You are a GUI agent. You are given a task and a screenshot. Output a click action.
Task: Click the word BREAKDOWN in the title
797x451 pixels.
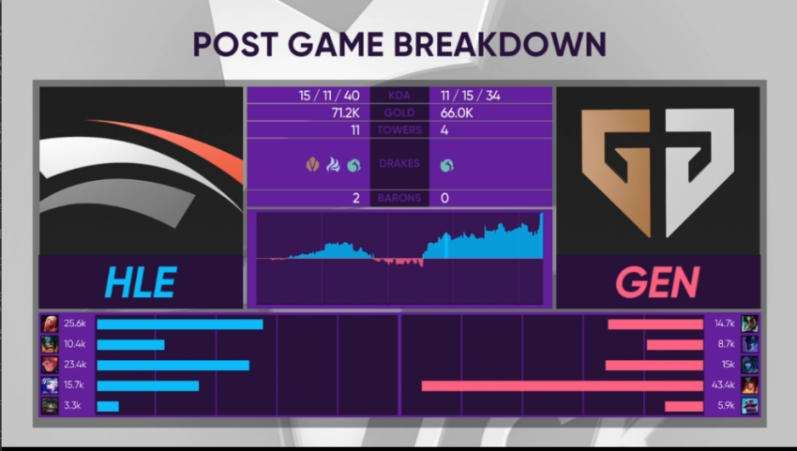click(x=500, y=44)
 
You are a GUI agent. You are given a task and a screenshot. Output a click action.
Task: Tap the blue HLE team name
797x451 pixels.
click(x=141, y=282)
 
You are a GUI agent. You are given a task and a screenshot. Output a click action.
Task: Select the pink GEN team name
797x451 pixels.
click(x=657, y=282)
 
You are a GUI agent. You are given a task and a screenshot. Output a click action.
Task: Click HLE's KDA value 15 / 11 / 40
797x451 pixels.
click(x=329, y=96)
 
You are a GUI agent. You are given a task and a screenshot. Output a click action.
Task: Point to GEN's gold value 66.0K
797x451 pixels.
click(x=457, y=113)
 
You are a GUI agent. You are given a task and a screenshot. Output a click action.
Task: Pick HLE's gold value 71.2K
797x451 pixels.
click(x=345, y=113)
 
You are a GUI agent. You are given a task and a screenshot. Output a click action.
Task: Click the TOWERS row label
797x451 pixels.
click(x=399, y=130)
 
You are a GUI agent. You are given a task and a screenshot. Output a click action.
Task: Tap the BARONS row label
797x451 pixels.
click(x=399, y=198)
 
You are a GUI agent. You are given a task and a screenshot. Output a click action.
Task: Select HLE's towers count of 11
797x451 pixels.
click(x=355, y=130)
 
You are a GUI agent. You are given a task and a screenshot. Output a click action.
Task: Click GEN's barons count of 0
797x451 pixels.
click(x=444, y=198)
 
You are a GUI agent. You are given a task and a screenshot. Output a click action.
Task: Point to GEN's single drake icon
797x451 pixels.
click(x=446, y=165)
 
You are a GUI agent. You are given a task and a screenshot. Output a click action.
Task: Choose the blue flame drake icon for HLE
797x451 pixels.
click(x=333, y=165)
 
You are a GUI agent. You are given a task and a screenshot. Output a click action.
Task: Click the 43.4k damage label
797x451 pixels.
click(x=723, y=385)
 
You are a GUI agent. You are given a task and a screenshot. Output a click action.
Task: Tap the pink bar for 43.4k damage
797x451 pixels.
click(x=563, y=386)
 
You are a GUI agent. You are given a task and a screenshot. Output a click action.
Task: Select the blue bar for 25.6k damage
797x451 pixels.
click(x=180, y=324)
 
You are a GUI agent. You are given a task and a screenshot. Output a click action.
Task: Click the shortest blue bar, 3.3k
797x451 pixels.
click(x=108, y=406)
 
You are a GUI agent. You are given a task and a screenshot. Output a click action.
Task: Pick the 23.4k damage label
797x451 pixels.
click(x=75, y=364)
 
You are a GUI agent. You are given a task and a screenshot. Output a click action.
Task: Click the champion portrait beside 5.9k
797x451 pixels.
click(x=750, y=406)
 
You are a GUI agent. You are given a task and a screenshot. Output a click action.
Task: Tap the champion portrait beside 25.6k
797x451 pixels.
click(x=50, y=323)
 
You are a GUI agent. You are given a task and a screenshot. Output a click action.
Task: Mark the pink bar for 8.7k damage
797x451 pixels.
click(x=675, y=345)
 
